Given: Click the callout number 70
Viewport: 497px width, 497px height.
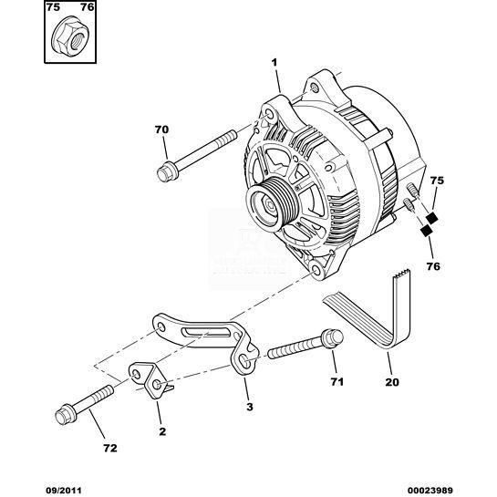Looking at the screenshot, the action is pyautogui.click(x=161, y=129).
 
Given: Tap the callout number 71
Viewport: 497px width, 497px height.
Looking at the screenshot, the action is pyautogui.click(x=337, y=381).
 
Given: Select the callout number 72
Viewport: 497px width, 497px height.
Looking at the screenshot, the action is pyautogui.click(x=110, y=448).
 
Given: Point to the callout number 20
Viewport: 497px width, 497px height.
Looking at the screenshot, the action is pyautogui.click(x=392, y=382).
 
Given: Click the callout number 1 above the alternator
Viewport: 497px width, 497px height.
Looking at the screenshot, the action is pyautogui.click(x=274, y=63).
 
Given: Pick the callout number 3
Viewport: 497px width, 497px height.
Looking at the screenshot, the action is pyautogui.click(x=250, y=407).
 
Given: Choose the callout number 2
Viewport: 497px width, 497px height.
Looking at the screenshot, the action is pyautogui.click(x=162, y=431).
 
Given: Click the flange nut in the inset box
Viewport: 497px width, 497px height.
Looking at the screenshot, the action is pyautogui.click(x=69, y=37).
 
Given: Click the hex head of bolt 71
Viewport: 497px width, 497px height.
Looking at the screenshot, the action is pyautogui.click(x=333, y=338).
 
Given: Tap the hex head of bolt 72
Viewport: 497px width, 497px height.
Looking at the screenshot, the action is pyautogui.click(x=66, y=413).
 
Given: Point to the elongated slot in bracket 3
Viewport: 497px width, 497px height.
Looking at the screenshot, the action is pyautogui.click(x=205, y=334).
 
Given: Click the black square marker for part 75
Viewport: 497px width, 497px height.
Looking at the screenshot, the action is pyautogui.click(x=431, y=217).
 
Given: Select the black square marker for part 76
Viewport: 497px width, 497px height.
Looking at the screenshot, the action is pyautogui.click(x=426, y=231).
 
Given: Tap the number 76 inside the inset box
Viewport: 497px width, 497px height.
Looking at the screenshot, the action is pyautogui.click(x=88, y=7).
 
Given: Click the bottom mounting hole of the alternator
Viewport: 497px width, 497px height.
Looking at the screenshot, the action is pyautogui.click(x=316, y=270).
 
